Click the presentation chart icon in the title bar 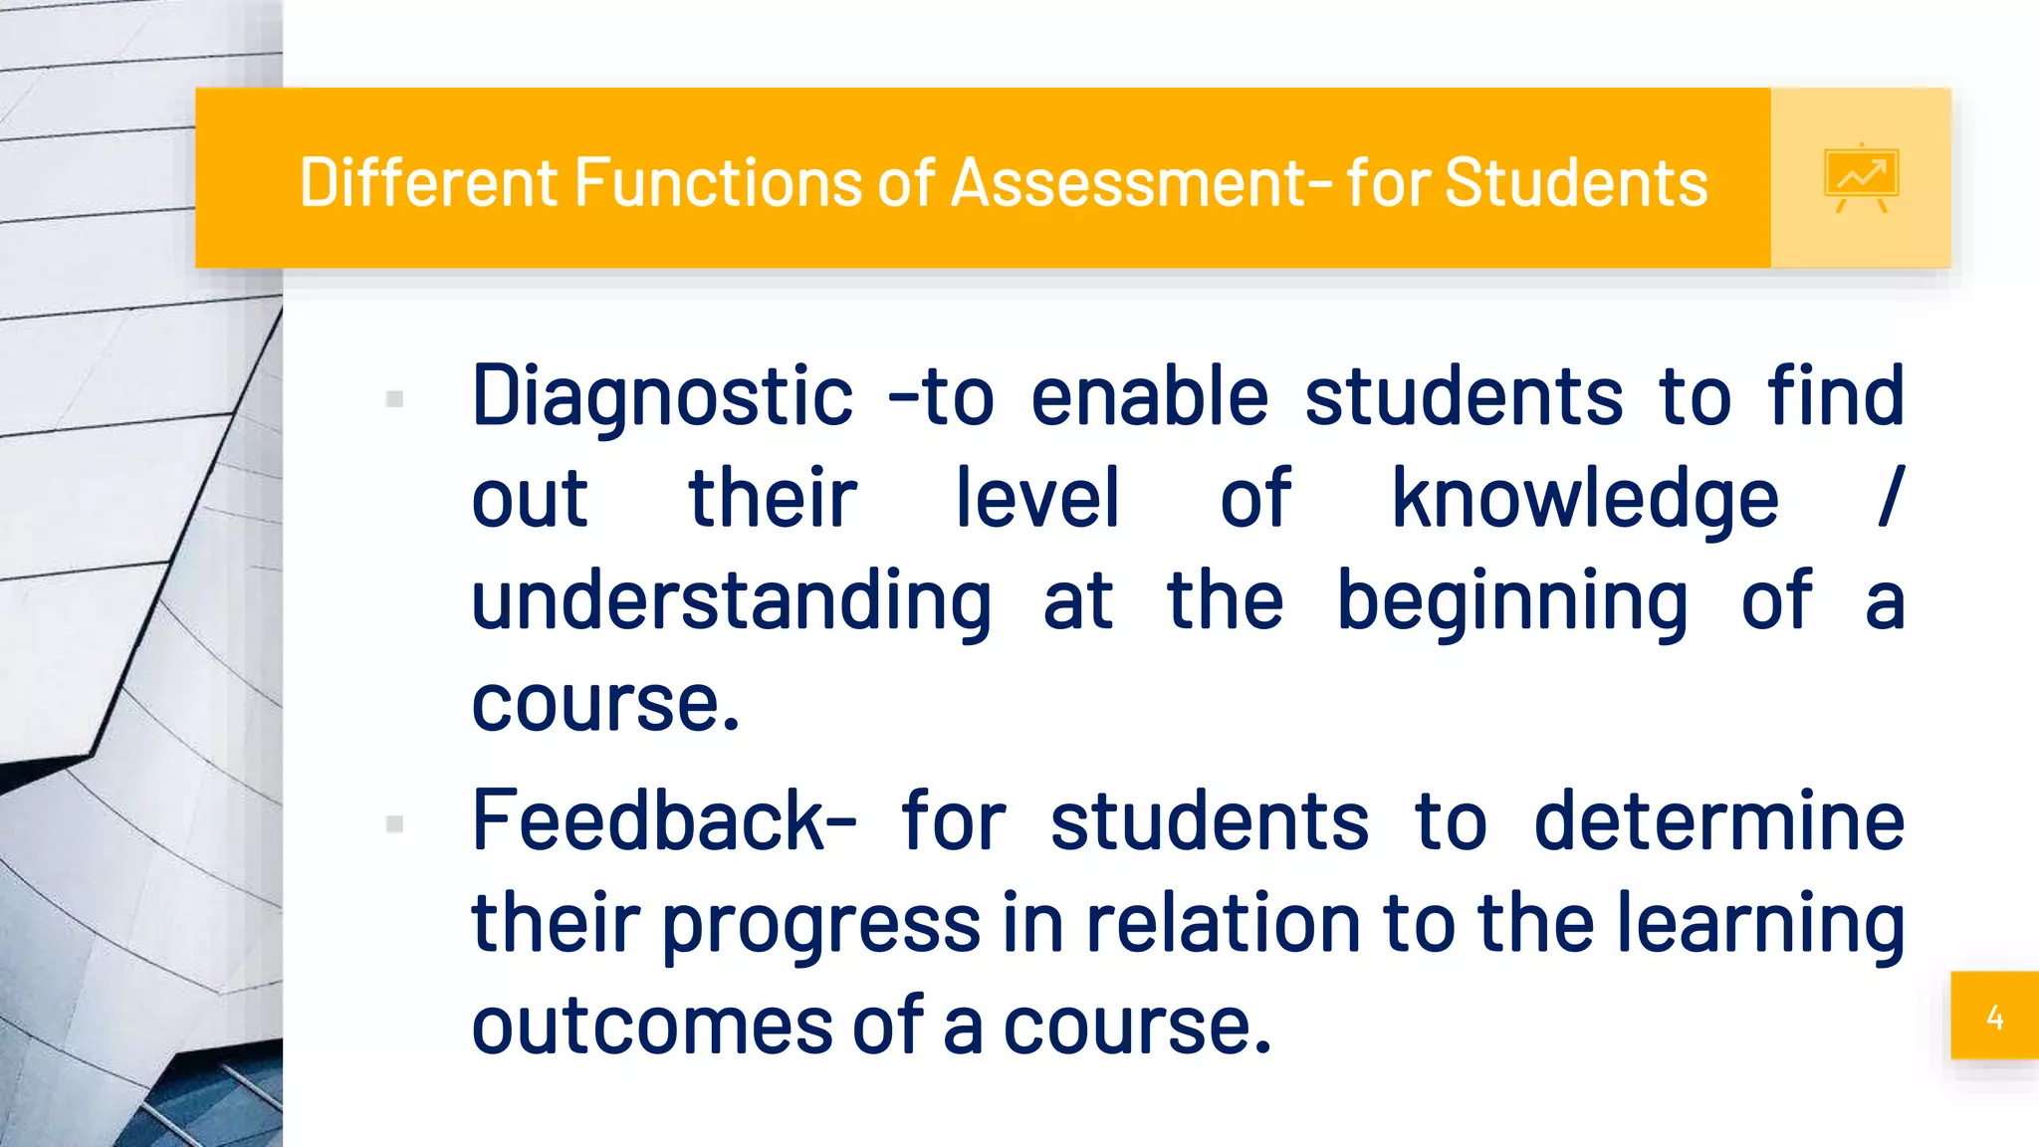tap(1861, 178)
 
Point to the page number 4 tap(1994, 1017)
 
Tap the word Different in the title tap(430, 182)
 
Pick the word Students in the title tap(1576, 182)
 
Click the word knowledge tap(1584, 500)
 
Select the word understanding tap(731, 603)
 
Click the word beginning tap(1511, 603)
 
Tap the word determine tap(1718, 821)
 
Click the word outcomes tap(652, 1027)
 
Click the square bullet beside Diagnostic tap(394, 399)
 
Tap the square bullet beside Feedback tap(394, 824)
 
